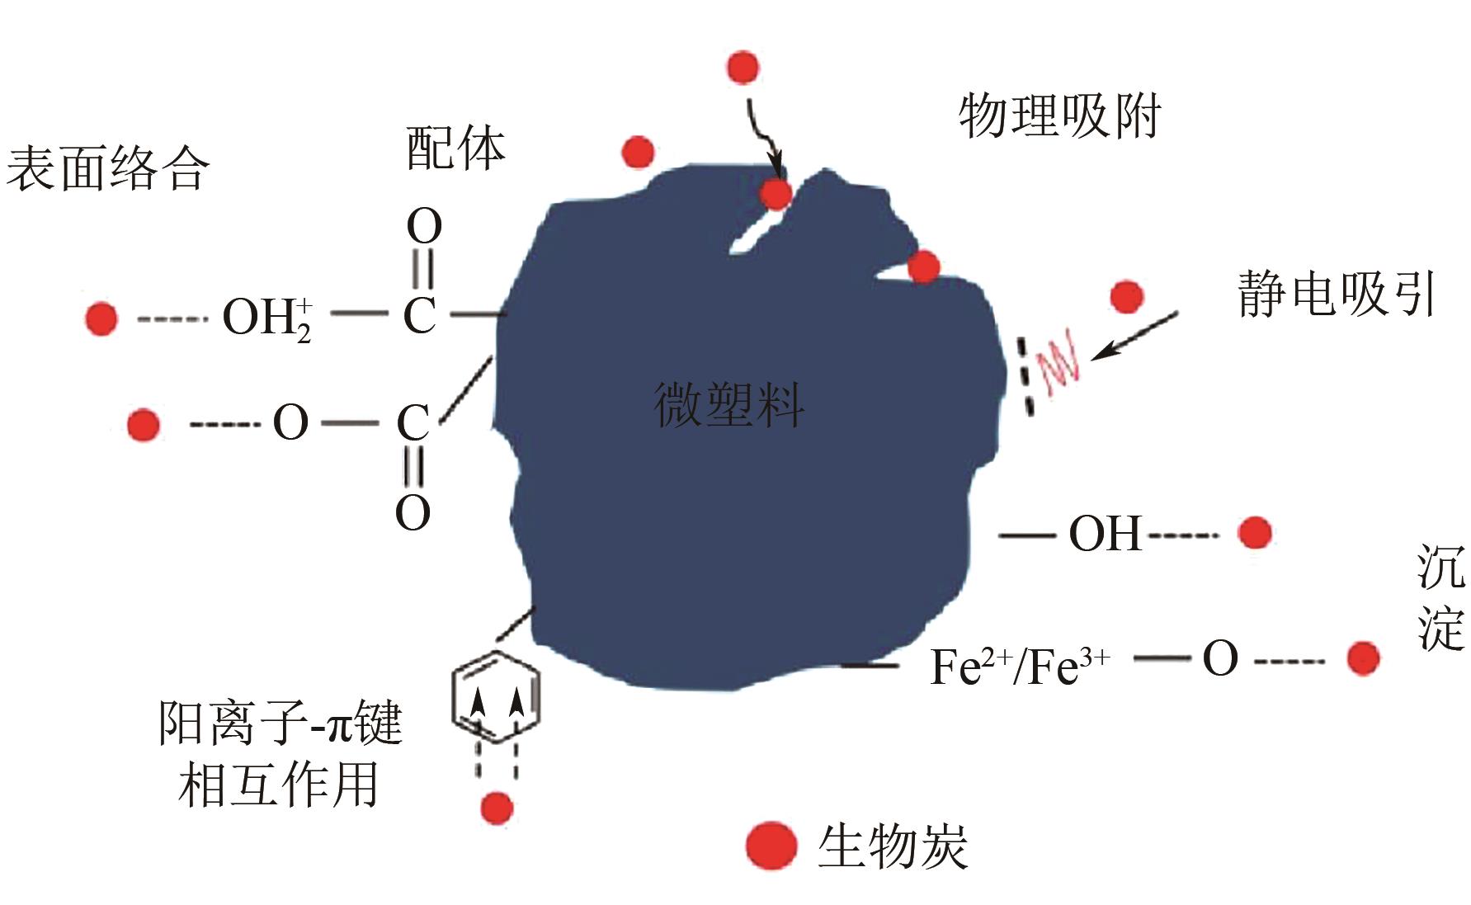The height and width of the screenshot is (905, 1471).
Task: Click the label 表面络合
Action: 107,170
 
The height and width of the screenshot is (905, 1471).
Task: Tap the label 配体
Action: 455,149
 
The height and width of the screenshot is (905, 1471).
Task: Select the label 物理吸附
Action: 1059,116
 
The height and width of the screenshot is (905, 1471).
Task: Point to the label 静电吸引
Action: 1336,294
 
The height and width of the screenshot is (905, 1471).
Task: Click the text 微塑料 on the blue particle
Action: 728,405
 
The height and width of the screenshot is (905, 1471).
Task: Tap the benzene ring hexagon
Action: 496,698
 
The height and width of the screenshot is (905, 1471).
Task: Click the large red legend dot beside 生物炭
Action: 771,846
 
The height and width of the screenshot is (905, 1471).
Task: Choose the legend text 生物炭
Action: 893,846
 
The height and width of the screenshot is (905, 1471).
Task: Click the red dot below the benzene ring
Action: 496,808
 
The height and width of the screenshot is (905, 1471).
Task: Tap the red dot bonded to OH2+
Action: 101,318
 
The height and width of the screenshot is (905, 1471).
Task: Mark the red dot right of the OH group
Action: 1255,533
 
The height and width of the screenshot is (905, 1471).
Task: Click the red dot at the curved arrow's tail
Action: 743,68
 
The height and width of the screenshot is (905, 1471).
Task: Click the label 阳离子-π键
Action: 281,724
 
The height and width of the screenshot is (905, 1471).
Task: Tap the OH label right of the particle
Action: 1105,534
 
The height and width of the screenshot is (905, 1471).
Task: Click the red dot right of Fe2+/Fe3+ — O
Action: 1363,658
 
